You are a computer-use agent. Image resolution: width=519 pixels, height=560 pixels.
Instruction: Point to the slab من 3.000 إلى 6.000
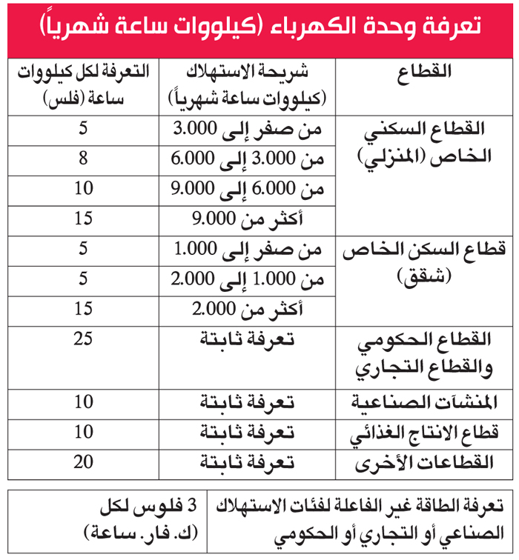248,159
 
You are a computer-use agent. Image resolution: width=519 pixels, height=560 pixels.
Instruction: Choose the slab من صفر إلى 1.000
248,250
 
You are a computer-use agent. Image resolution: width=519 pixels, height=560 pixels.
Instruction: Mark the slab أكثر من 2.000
248,308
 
